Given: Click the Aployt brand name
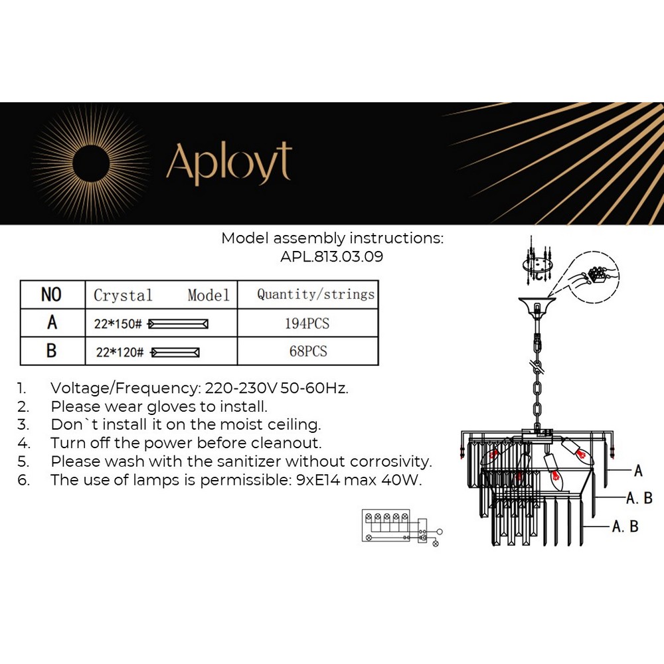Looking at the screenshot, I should click(228, 163).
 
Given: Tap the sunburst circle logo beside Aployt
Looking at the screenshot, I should click(90, 163).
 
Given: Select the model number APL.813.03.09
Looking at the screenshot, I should click(332, 256).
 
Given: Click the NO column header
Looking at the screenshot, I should click(51, 295).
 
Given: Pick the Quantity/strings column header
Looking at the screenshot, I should click(315, 294).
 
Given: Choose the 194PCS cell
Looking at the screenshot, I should click(307, 323).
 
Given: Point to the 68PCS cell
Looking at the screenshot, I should click(307, 351).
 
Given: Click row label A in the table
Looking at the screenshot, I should click(52, 323).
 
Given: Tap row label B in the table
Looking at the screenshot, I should click(52, 351).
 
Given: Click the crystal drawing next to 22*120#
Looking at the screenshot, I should click(176, 352).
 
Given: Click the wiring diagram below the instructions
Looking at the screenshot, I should click(398, 527).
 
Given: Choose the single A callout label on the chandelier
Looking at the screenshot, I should click(638, 471).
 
